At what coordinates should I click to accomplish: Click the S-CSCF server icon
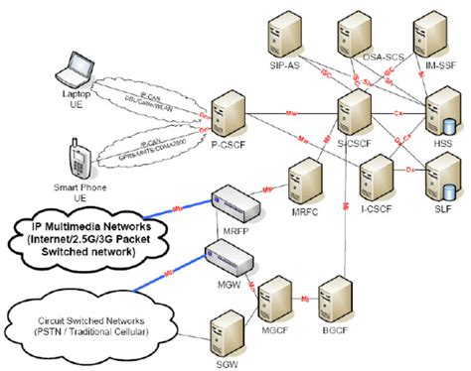(x=354, y=109)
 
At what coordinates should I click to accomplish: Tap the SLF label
(x=440, y=208)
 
